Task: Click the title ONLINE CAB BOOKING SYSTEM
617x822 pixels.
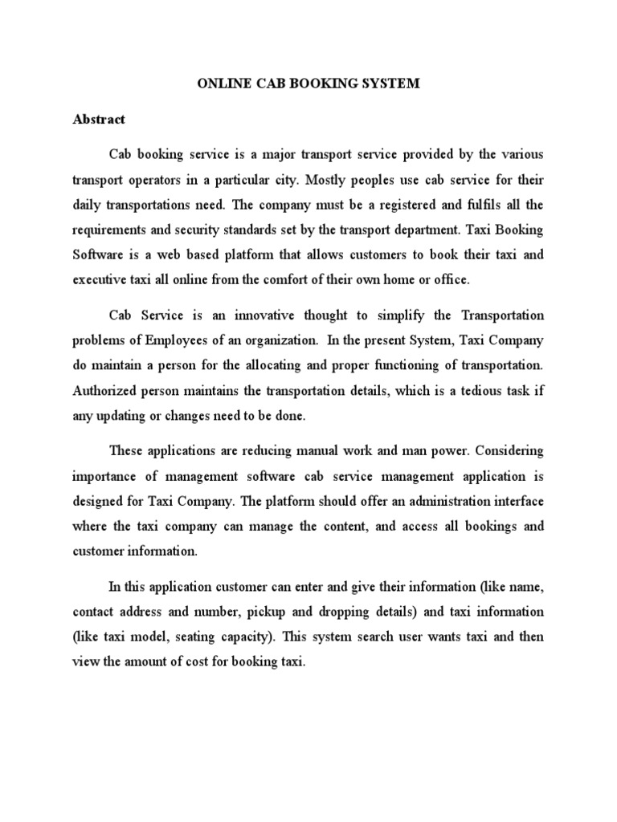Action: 308,83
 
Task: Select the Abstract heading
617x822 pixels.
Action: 99,119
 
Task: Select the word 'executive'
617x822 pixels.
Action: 99,281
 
